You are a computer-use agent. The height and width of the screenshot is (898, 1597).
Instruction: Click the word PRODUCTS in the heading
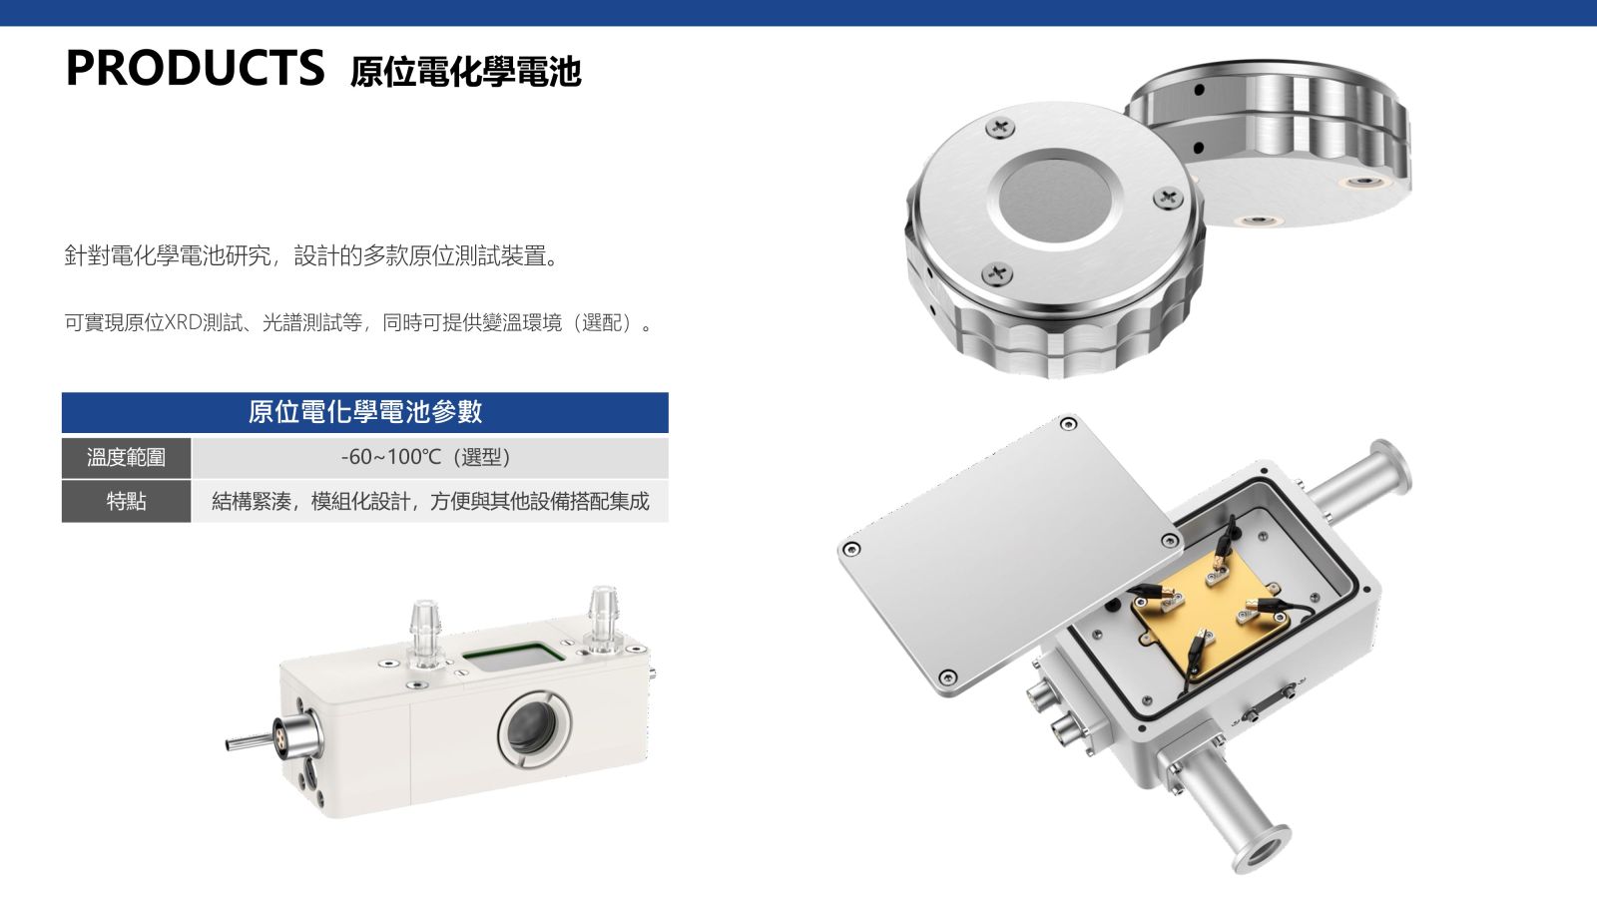(195, 68)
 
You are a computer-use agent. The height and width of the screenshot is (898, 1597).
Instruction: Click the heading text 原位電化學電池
(465, 72)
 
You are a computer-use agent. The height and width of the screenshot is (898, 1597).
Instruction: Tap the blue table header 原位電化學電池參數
(365, 412)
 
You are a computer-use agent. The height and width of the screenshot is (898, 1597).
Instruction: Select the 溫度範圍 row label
(126, 458)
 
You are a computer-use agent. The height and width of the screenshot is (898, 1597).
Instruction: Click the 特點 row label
(126, 501)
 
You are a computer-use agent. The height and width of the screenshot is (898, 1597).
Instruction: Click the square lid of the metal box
(1009, 555)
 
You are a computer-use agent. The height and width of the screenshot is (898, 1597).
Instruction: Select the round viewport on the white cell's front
(535, 728)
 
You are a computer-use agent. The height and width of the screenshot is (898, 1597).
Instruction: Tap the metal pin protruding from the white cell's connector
(250, 743)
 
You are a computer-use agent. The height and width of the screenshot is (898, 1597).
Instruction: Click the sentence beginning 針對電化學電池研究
(312, 255)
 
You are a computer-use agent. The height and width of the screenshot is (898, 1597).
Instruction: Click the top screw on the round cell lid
(1000, 129)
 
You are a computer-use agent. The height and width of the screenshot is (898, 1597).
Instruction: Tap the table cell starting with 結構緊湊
(430, 502)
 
